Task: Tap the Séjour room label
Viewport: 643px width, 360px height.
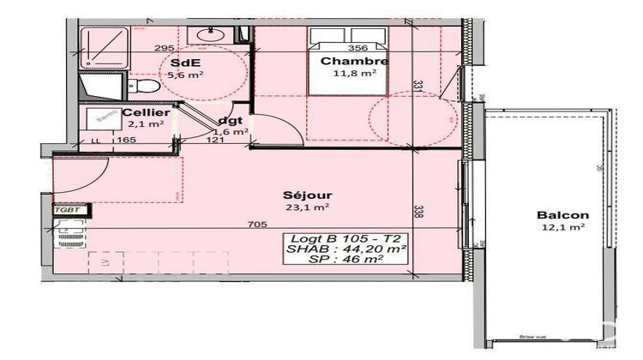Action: pos(310,195)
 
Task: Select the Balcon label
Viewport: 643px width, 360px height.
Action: pos(562,215)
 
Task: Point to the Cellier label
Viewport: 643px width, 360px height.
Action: pos(144,112)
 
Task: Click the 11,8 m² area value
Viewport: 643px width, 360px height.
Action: pos(355,74)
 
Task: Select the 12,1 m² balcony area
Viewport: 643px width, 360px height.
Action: pos(562,227)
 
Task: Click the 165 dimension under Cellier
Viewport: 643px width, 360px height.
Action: pos(127,140)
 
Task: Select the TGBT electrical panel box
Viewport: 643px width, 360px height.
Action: pos(66,208)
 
